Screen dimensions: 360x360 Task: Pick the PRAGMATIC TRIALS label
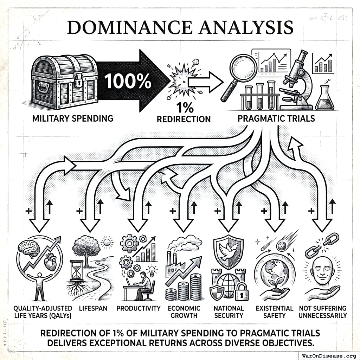pos(276,118)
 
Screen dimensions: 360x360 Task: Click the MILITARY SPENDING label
pos(73,118)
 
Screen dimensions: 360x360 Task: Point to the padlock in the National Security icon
pos(242,291)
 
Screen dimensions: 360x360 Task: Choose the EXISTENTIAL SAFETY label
pos(274,311)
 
